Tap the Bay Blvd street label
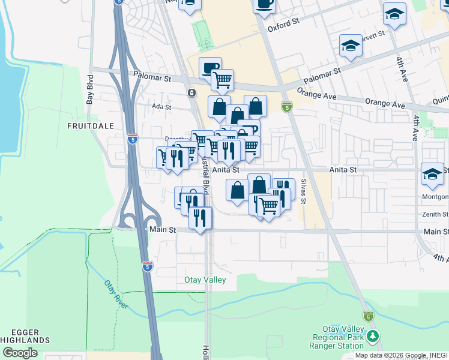pos(90,90)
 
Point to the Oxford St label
pos(283,25)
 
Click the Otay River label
pos(116,295)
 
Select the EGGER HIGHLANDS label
pos(25,336)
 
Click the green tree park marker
pos(374,336)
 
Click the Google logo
pos(20,353)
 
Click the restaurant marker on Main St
pos(200,218)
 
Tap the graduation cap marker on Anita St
pos(432,174)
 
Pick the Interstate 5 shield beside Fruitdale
pos(132,139)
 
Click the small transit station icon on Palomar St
pos(191,93)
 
